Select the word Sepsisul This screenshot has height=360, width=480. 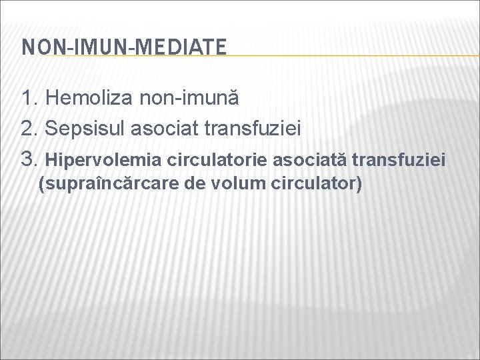pos(83,129)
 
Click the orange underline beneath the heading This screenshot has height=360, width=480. pos(333,55)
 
